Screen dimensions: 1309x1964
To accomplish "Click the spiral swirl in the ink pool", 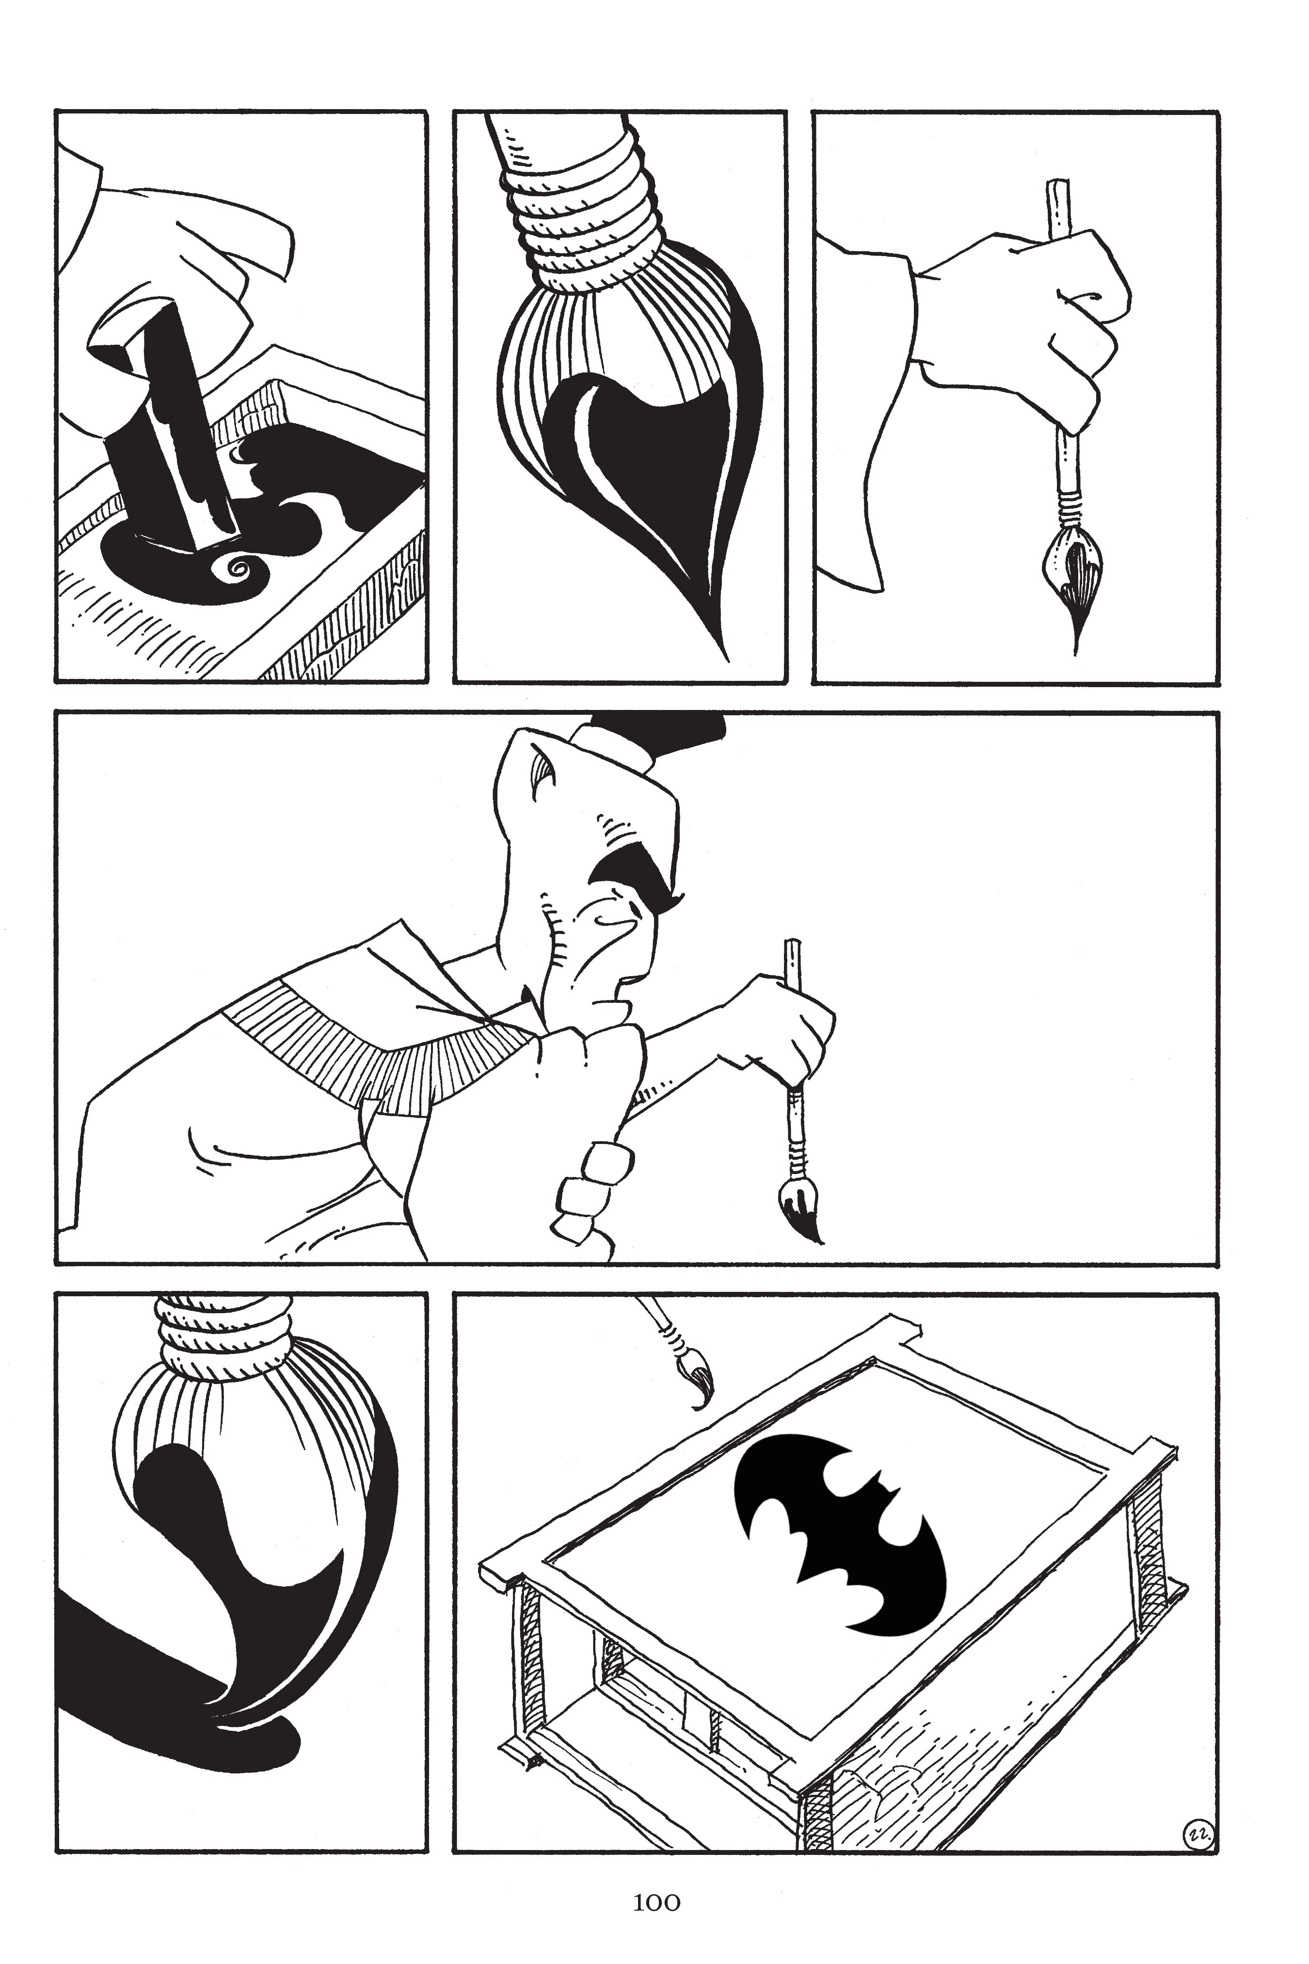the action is [x=236, y=570].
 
